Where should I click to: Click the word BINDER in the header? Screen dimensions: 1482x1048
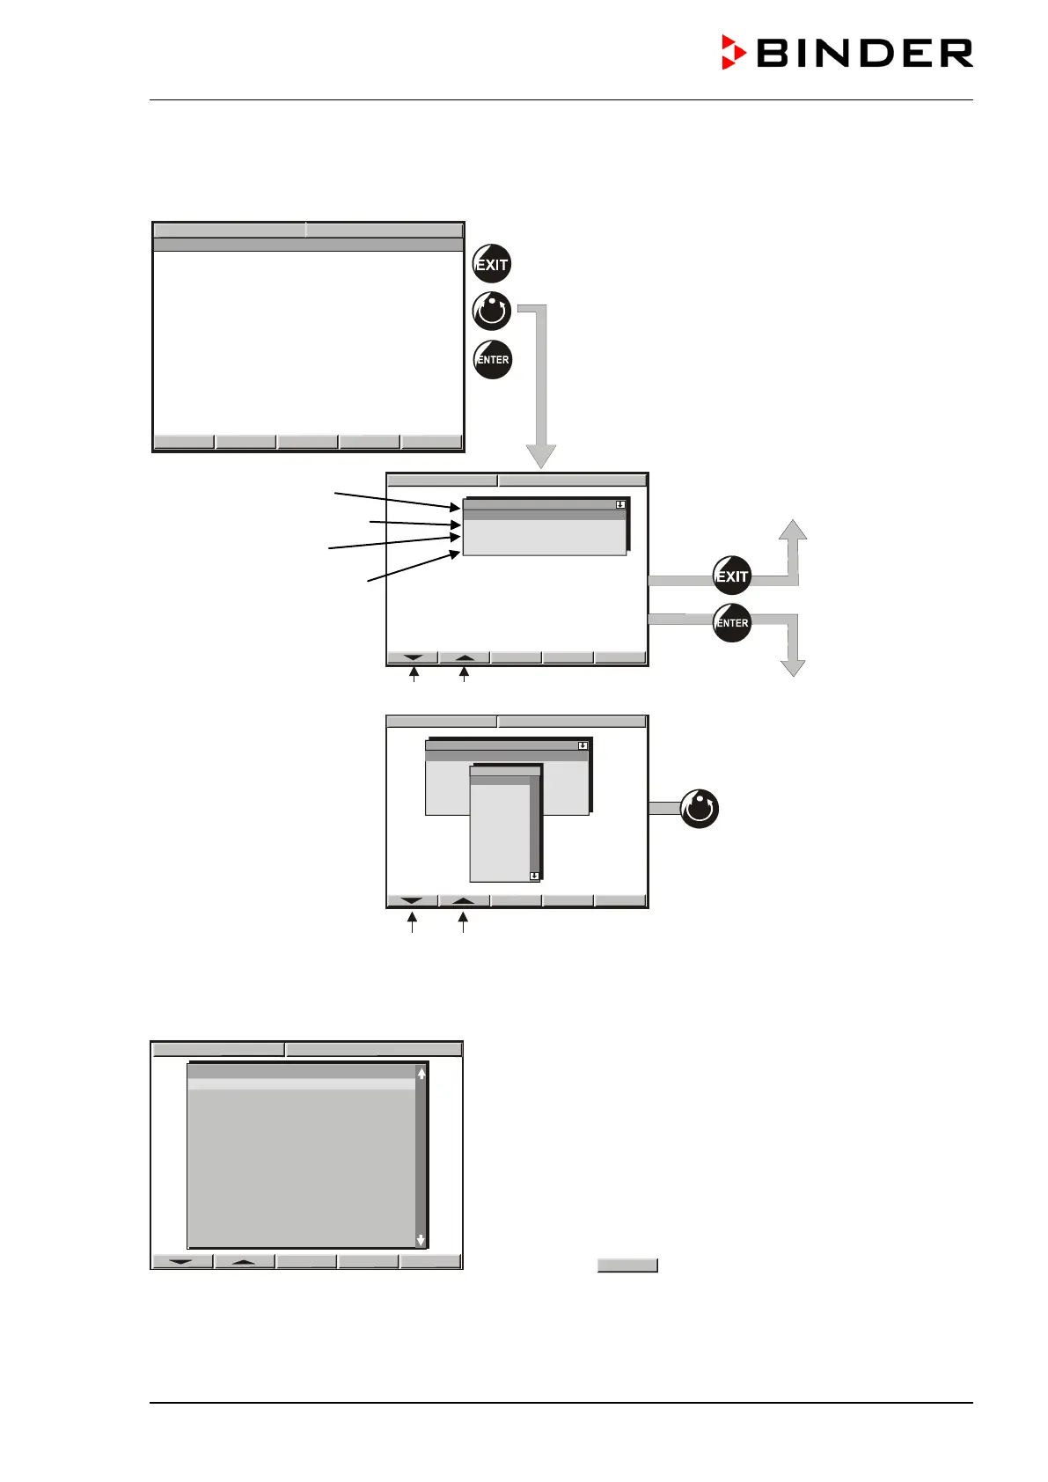(864, 54)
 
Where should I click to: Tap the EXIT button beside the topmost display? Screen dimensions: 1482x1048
(492, 264)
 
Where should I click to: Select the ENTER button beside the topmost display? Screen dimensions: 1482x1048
(493, 359)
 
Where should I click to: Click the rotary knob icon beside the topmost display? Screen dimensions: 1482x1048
(492, 311)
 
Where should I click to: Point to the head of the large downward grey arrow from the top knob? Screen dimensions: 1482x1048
(540, 456)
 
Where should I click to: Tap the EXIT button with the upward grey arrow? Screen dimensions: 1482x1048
(731, 576)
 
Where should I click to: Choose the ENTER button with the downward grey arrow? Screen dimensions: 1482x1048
(731, 623)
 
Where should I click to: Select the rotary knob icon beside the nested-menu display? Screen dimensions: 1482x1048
(700, 809)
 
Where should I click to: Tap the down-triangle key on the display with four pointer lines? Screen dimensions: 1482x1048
(413, 657)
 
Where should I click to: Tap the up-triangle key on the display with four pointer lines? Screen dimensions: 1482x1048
(465, 657)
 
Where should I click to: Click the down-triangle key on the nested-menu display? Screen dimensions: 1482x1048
(412, 900)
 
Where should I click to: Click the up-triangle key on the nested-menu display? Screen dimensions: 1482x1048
(464, 900)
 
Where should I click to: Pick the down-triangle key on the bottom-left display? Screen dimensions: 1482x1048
(182, 1261)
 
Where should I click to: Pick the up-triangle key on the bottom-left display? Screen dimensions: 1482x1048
(245, 1261)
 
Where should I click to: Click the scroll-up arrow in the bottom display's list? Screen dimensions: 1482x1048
(421, 1074)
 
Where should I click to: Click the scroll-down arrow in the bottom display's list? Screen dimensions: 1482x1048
(421, 1239)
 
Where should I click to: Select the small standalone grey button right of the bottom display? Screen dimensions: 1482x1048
(627, 1266)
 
